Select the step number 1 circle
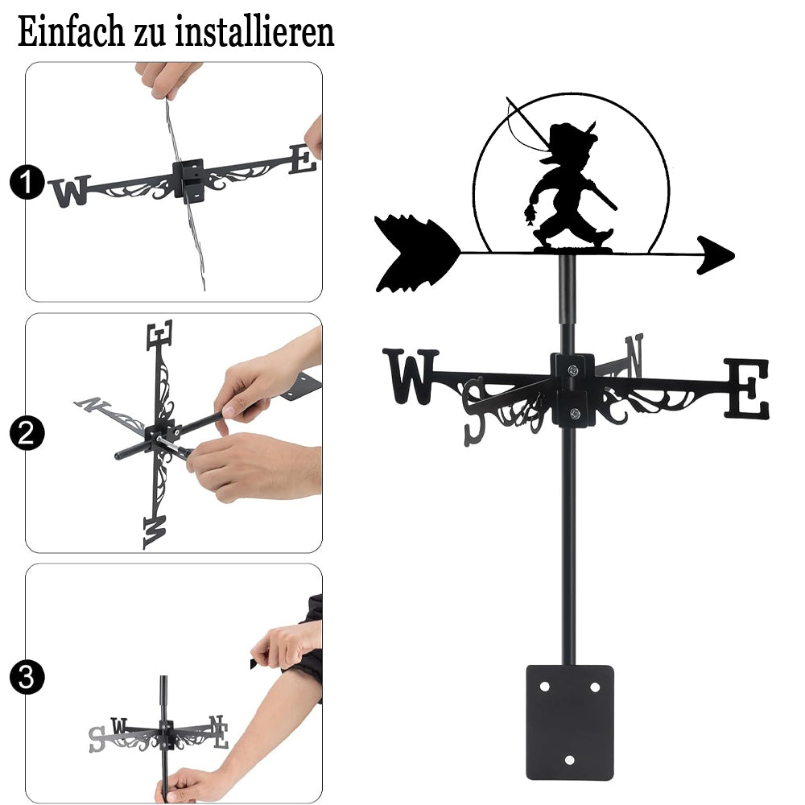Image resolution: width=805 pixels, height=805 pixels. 27,182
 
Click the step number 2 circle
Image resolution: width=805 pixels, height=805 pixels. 27,433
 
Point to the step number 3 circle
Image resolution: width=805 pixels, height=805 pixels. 27,677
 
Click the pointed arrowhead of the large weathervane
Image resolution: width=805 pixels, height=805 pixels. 716,254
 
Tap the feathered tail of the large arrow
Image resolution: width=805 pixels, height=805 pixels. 416,254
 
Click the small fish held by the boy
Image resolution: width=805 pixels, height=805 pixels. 530,215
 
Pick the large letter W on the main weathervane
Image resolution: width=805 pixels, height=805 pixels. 411,375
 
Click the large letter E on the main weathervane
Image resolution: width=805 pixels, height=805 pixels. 747,388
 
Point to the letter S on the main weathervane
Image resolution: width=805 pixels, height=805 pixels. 474,411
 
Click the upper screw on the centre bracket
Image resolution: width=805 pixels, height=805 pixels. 572,369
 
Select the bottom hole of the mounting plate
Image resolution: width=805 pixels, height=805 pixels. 569,759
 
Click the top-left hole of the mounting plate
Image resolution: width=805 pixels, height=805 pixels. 545,687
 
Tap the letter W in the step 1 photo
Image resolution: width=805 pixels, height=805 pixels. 70,191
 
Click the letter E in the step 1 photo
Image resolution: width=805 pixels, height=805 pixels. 303,159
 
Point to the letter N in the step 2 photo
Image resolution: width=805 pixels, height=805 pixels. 93,405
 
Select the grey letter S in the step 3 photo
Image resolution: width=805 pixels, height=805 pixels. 97,739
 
